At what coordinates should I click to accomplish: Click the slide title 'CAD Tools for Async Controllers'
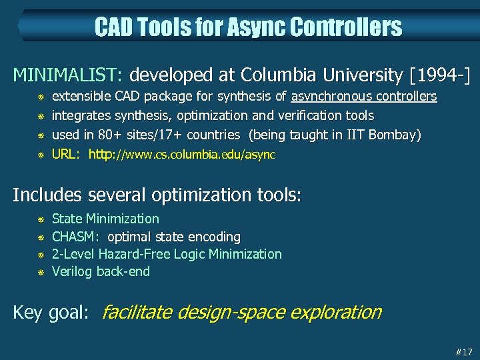(x=248, y=27)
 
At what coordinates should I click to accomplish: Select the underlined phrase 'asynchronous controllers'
(x=364, y=97)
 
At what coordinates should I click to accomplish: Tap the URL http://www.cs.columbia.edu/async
(x=182, y=155)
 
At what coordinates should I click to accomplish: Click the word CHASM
(x=75, y=237)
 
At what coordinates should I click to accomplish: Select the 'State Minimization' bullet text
(x=105, y=219)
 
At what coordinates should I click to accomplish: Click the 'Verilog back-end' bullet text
(x=101, y=271)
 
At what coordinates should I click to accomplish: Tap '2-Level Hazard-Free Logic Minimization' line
(x=167, y=254)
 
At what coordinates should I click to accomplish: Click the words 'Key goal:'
(x=51, y=313)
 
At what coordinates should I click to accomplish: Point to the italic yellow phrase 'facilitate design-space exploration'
(x=241, y=312)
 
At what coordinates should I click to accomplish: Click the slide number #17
(x=463, y=351)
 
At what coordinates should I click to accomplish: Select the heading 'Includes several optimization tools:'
(x=157, y=195)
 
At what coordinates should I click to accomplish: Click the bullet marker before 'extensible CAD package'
(x=40, y=97)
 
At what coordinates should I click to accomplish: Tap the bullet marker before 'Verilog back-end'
(x=40, y=272)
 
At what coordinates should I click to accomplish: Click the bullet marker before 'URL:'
(x=40, y=155)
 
